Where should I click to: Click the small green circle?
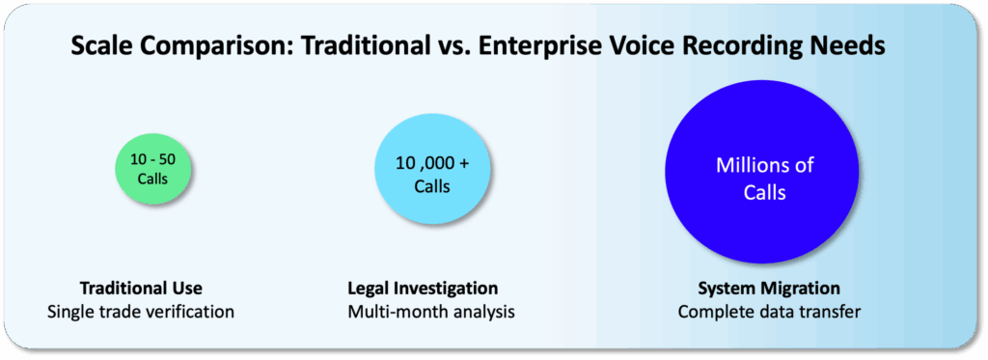[153, 169]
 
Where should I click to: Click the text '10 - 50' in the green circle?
[153, 159]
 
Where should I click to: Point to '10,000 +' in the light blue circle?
[432, 164]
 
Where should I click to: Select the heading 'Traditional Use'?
[141, 289]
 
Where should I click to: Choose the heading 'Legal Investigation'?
[423, 289]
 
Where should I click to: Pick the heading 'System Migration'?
[769, 289]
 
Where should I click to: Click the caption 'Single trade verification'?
[141, 312]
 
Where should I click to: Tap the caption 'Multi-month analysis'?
[431, 312]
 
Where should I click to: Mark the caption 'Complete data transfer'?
[769, 312]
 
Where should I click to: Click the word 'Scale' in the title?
[100, 47]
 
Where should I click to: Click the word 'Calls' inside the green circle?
[153, 180]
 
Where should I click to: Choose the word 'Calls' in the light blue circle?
[432, 186]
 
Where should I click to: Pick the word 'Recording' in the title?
[741, 48]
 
